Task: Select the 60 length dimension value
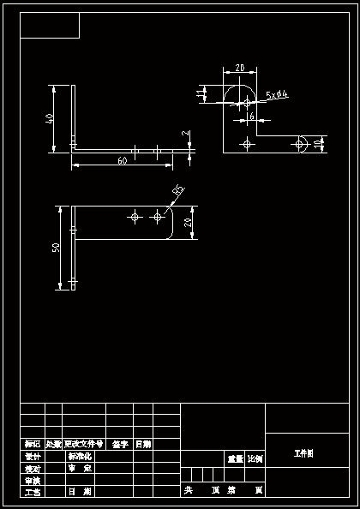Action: (122, 160)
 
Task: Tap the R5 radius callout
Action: (178, 189)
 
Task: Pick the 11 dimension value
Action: (200, 93)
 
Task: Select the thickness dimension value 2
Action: (184, 135)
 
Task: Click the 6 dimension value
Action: (251, 117)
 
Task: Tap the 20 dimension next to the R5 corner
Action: (189, 223)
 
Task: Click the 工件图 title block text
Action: (303, 452)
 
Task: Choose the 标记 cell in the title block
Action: (33, 444)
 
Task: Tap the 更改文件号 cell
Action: (84, 444)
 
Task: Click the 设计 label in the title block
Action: (33, 456)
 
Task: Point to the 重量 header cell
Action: (235, 459)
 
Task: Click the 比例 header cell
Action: (255, 459)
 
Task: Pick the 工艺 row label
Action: (33, 492)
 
